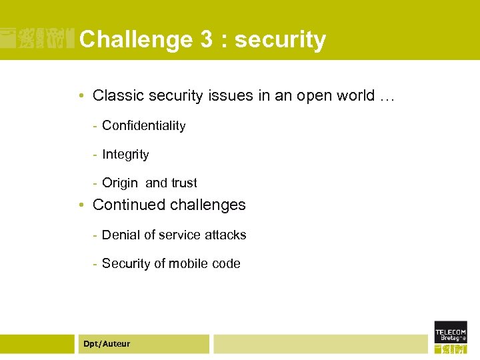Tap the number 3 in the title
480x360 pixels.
[205, 40]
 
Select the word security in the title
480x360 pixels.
[280, 40]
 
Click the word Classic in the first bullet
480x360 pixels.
[115, 96]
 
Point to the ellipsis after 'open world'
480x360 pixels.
[387, 97]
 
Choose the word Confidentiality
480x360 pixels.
[143, 125]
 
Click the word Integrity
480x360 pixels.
[125, 155]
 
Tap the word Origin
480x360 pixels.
[120, 183]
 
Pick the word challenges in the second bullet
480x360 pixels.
[207, 205]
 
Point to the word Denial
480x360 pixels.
[120, 235]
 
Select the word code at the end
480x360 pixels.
[226, 263]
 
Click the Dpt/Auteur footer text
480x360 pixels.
[107, 344]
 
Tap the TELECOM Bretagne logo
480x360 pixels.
[451, 337]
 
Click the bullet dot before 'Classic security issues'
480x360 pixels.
[80, 97]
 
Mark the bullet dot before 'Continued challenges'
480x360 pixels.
[80, 206]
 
